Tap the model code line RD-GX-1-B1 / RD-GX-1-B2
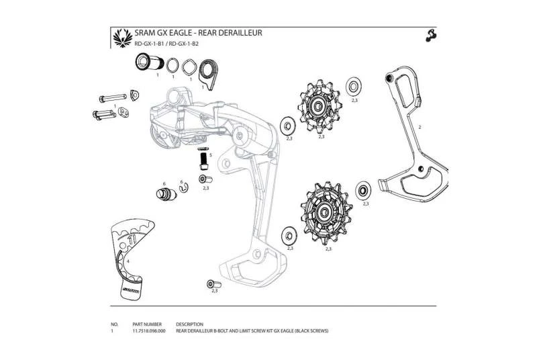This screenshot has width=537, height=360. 166,44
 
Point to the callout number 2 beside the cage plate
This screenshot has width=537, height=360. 420,126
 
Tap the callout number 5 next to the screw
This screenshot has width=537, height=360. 211,154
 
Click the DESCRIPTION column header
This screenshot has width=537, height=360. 189,324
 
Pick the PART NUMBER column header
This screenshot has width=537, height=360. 148,324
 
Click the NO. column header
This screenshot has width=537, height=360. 114,324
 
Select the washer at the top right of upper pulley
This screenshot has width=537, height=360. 354,87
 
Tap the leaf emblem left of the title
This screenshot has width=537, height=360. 121,38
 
